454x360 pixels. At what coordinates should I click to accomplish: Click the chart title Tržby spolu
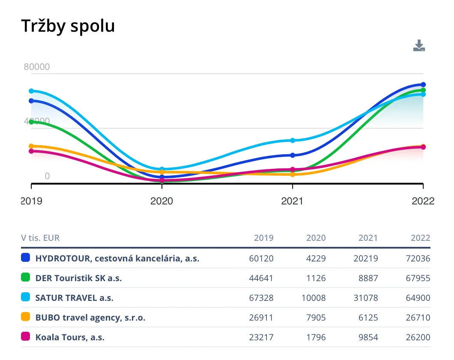[68, 26]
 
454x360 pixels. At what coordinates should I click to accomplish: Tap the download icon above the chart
[419, 46]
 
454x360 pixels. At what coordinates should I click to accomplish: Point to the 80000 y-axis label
[36, 67]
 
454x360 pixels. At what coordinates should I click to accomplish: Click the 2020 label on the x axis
[161, 201]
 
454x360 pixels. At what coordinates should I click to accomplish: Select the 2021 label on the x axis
[292, 201]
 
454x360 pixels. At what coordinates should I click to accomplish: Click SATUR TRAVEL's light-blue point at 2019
[31, 91]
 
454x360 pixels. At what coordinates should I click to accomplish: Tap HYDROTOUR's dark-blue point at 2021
[293, 155]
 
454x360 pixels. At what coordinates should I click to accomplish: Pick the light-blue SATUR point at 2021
[293, 141]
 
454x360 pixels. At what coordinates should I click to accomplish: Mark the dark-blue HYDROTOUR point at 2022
[423, 84]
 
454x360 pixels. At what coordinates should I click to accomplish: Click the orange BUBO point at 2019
[31, 146]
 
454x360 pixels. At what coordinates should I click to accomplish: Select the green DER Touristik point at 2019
[31, 122]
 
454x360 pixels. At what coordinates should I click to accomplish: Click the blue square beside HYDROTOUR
[26, 258]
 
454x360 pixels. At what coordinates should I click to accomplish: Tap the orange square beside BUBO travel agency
[26, 317]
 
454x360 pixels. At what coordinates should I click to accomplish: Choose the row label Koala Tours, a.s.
[70, 337]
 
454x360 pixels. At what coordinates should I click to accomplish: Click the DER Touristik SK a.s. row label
[79, 278]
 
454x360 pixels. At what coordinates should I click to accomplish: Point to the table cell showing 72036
[418, 258]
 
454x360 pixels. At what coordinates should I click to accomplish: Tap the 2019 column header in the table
[263, 238]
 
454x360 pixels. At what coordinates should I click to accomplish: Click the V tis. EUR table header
[40, 238]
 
